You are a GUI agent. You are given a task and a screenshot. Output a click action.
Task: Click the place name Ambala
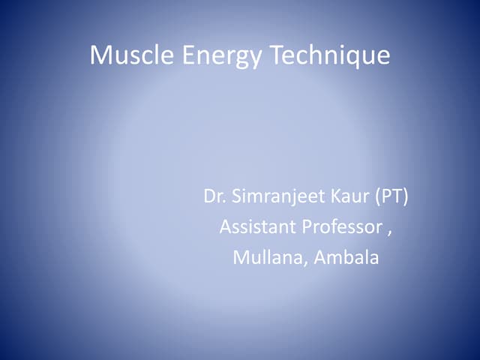tap(346, 258)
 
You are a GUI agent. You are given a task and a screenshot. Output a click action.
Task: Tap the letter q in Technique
tap(355, 58)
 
